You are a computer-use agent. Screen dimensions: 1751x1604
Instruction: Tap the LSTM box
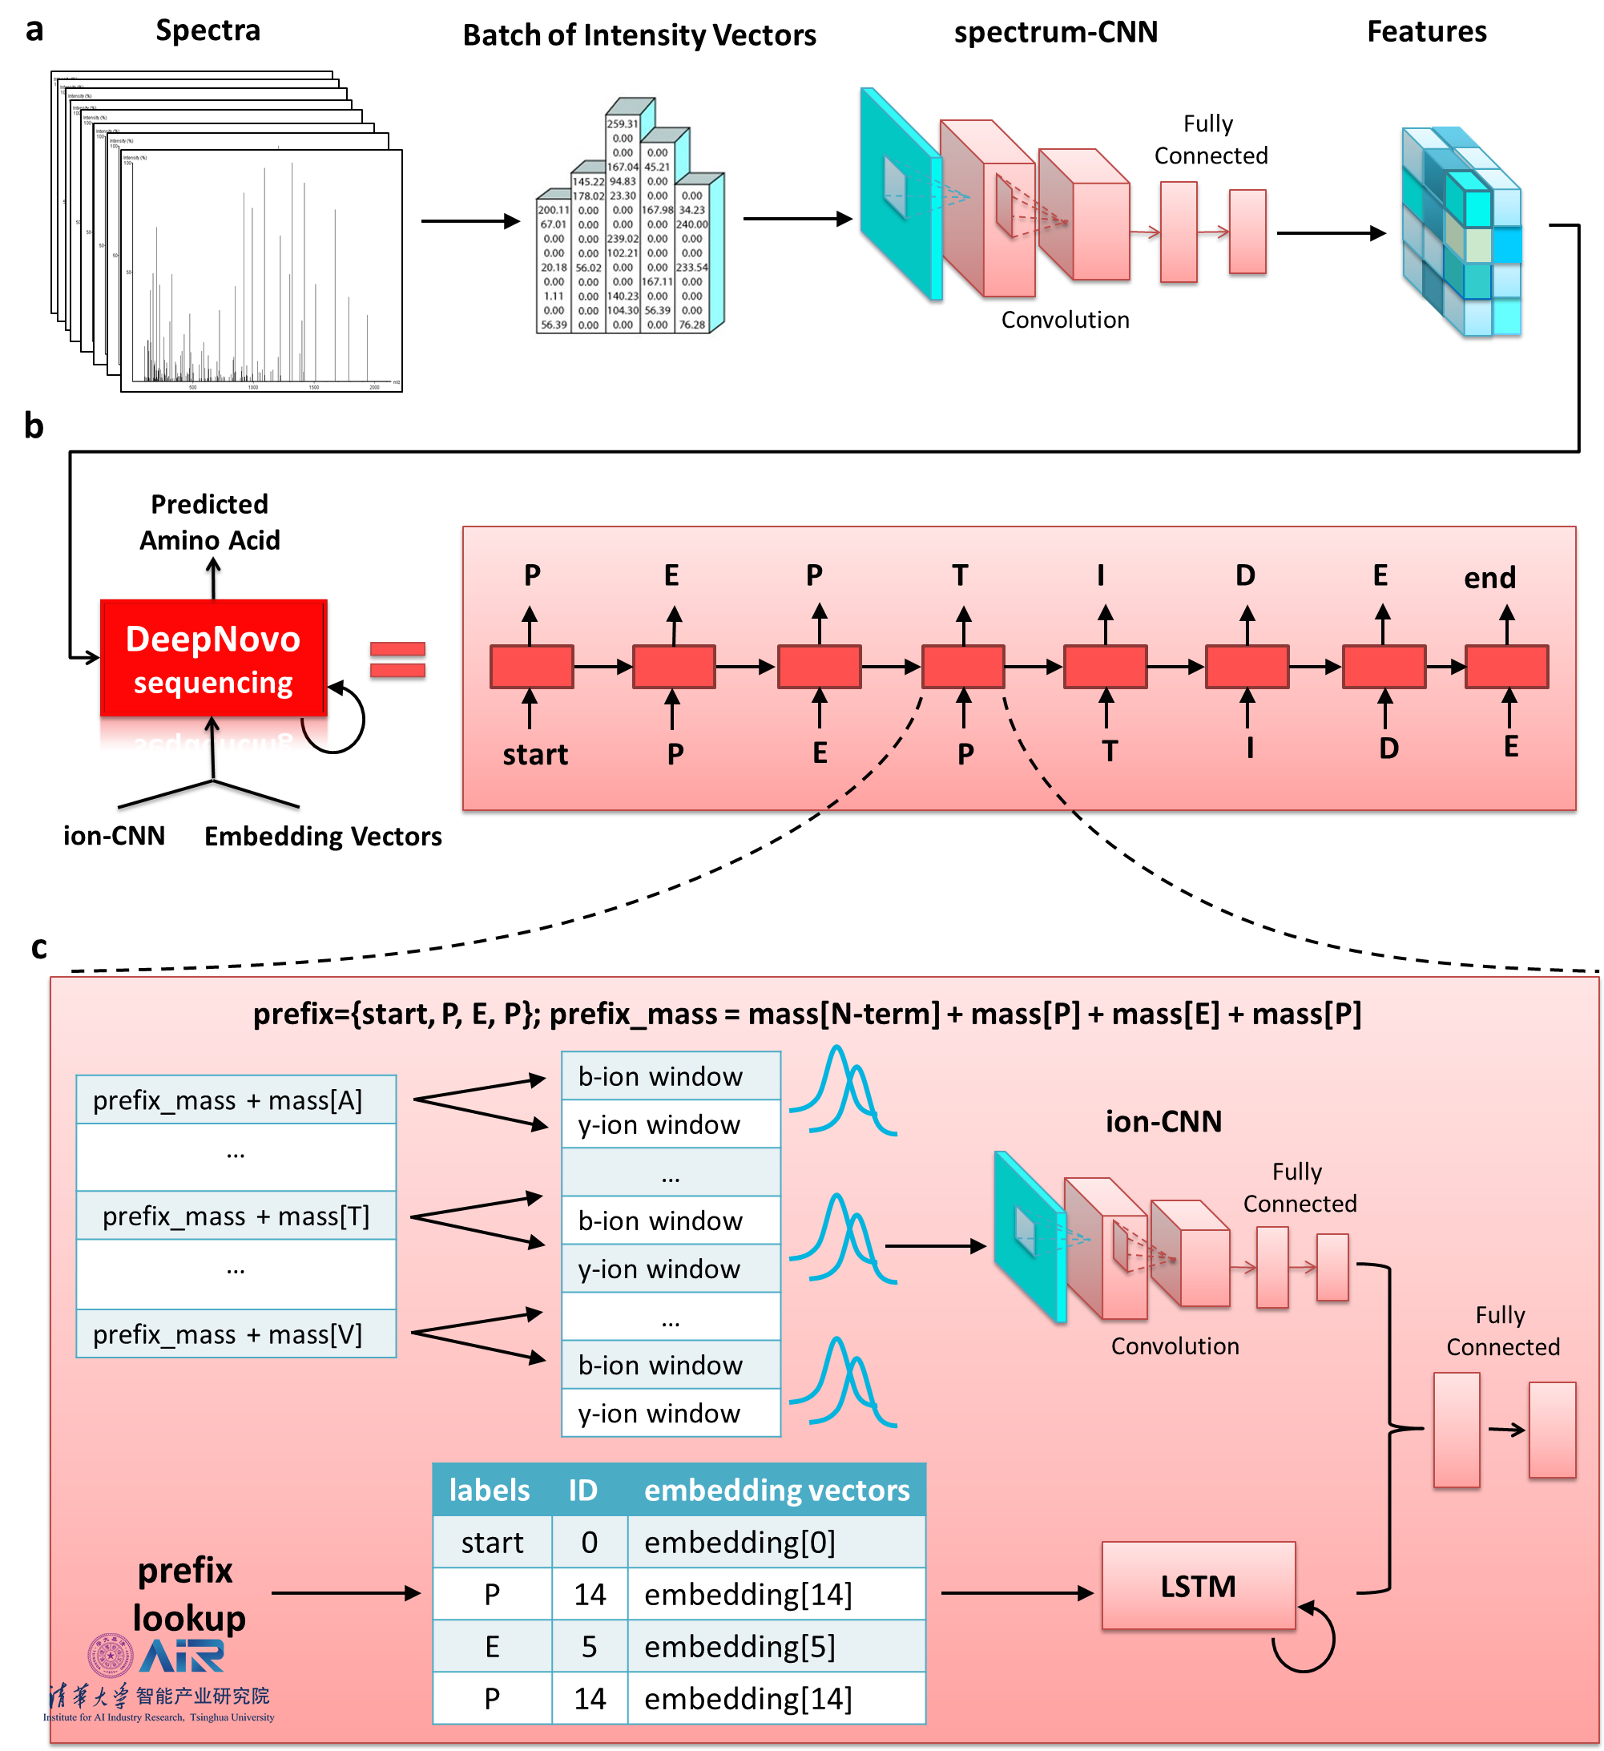[x=1198, y=1586]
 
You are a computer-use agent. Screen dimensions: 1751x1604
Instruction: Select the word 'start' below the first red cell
[x=535, y=754]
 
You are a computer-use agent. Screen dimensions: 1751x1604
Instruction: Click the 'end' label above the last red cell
[x=1489, y=578]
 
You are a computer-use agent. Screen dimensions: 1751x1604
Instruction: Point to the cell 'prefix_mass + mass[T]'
[x=236, y=1215]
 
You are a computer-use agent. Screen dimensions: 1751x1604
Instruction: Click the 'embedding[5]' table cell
[x=740, y=1646]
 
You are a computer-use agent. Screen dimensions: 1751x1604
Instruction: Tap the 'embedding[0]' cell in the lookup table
[x=740, y=1542]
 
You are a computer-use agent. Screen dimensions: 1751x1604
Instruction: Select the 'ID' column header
[x=582, y=1490]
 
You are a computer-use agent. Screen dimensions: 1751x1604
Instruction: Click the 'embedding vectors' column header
[x=776, y=1490]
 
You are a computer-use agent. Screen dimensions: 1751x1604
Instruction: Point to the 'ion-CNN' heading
[x=1163, y=1121]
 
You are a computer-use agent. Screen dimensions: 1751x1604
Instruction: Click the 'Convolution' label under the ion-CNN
[x=1174, y=1346]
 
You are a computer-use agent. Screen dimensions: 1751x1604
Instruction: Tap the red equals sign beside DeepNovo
[x=397, y=660]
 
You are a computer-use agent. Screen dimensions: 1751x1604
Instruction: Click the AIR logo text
[x=183, y=1656]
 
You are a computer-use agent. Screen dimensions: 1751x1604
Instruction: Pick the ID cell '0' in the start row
[x=589, y=1542]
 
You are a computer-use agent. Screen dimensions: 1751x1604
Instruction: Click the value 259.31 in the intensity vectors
[x=622, y=124]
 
